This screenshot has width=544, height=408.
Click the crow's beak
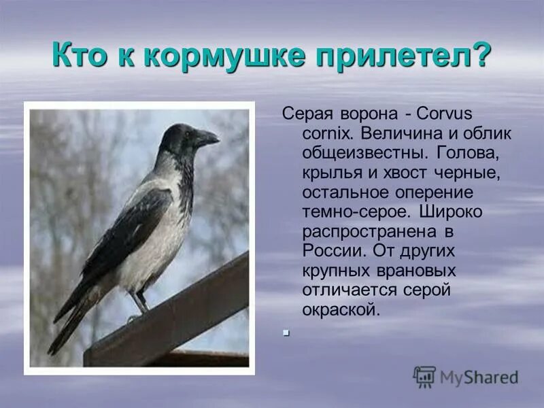pyautogui.click(x=207, y=138)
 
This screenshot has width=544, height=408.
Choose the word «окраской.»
pyautogui.click(x=341, y=309)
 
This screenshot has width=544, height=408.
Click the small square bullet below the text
pyautogui.click(x=287, y=333)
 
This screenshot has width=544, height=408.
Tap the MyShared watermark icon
pyautogui.click(x=424, y=376)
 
